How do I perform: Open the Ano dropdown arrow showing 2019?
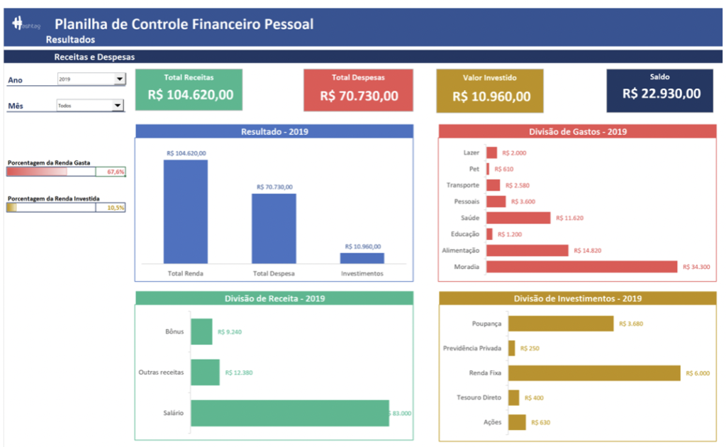119,79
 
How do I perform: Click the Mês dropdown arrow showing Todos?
118,106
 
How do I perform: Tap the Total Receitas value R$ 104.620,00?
190,95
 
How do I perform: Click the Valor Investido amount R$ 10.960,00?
491,96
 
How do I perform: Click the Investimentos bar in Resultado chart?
362,258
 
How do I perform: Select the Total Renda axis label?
186,273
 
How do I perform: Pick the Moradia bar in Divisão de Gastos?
581,267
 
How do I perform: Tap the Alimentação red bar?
527,250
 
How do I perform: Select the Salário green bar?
289,413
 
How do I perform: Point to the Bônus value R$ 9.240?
230,331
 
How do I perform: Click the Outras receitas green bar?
205,372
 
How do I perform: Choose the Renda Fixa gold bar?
594,372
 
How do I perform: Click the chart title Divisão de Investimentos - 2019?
577,299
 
